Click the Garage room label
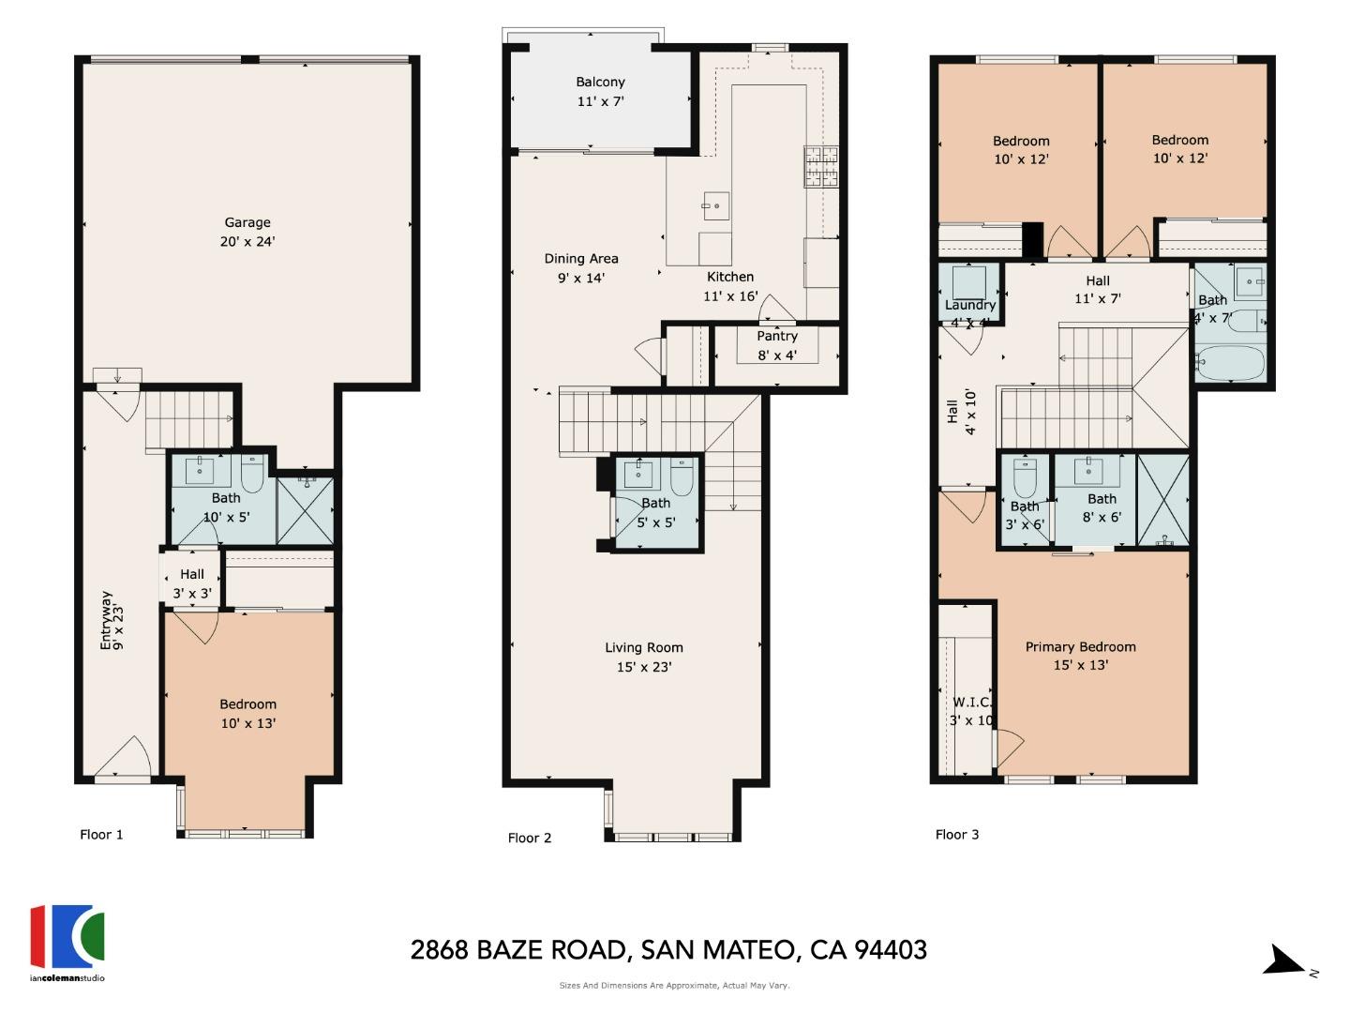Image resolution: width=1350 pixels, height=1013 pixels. click(247, 223)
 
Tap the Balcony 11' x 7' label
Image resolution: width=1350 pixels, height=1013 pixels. click(600, 92)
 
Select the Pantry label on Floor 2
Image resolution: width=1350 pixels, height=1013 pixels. click(776, 336)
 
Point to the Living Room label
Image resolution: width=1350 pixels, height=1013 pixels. click(643, 648)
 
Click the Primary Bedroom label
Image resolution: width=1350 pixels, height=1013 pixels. click(1080, 647)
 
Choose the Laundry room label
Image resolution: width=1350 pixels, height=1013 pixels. click(969, 306)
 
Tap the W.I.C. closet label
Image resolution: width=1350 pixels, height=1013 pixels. click(971, 703)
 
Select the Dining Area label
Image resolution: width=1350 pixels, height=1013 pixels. click(581, 259)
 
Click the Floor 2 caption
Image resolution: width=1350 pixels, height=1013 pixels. click(530, 838)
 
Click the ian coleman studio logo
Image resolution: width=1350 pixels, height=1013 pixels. click(67, 938)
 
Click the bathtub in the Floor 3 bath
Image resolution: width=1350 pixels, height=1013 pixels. click(1230, 362)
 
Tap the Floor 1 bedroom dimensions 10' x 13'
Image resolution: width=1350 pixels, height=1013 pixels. click(247, 723)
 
